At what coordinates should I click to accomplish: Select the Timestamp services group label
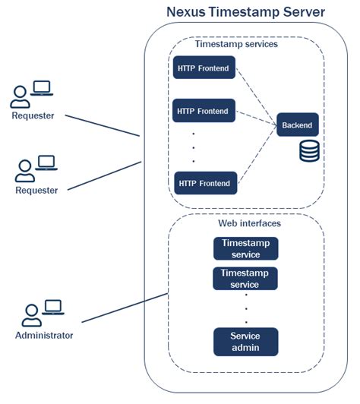click(x=236, y=44)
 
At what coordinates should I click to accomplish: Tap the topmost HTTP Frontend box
click(x=204, y=67)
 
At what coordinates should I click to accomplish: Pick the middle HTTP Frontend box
click(x=203, y=111)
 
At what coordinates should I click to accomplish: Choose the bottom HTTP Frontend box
click(x=205, y=183)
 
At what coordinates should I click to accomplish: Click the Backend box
click(x=297, y=125)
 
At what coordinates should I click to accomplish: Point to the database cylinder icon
click(x=309, y=150)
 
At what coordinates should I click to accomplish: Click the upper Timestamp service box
click(x=245, y=248)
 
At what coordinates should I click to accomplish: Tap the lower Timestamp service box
click(x=245, y=278)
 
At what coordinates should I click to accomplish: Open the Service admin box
click(x=245, y=342)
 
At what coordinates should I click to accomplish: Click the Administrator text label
click(x=44, y=335)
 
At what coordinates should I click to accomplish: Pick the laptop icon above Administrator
click(x=52, y=308)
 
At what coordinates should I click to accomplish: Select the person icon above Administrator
click(x=31, y=314)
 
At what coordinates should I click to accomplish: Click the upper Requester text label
click(x=33, y=116)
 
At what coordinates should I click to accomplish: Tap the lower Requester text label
click(x=36, y=190)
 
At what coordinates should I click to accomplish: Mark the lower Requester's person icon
click(x=25, y=170)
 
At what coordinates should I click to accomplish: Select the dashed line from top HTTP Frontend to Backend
click(x=255, y=94)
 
